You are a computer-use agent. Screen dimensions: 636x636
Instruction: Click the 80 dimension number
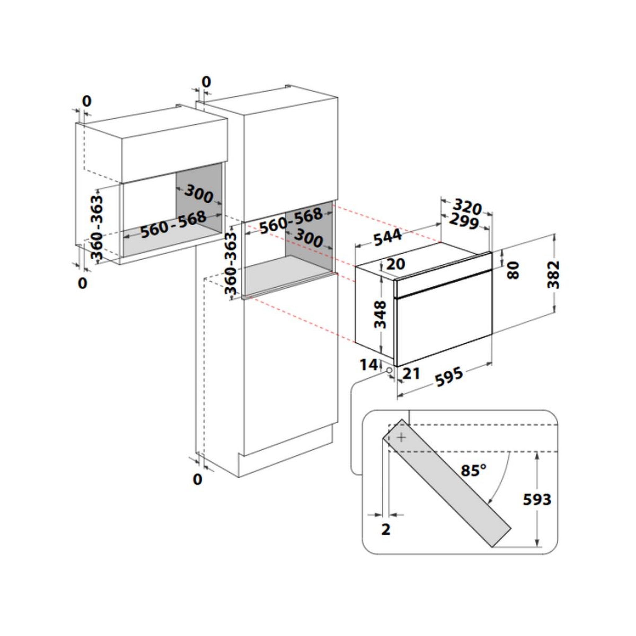513,270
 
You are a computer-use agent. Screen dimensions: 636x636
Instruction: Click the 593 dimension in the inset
537,499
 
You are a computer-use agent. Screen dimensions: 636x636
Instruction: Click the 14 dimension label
368,365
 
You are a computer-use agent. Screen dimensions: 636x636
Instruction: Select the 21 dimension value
411,373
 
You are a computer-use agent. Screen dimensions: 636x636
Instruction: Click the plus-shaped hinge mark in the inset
401,438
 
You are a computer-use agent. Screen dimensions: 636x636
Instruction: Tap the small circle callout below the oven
390,370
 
